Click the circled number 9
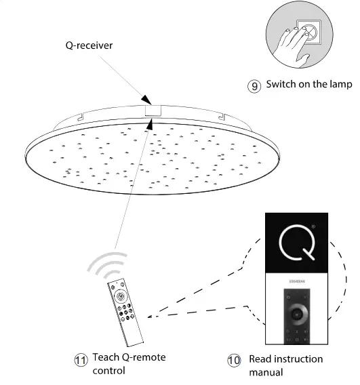pyautogui.click(x=254, y=86)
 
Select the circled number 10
pyautogui.click(x=234, y=360)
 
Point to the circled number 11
pyautogui.click(x=81, y=360)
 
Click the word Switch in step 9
pyautogui.click(x=281, y=85)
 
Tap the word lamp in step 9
pyautogui.click(x=340, y=85)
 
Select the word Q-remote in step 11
pyautogui.click(x=147, y=357)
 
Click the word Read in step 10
pyautogui.click(x=261, y=359)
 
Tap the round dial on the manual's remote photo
pyautogui.click(x=296, y=313)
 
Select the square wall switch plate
pyautogui.click(x=310, y=31)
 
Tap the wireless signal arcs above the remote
pyautogui.click(x=108, y=268)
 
